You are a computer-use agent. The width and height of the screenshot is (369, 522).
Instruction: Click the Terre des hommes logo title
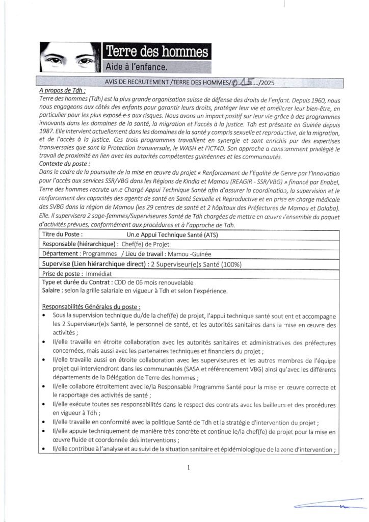coord(156,51)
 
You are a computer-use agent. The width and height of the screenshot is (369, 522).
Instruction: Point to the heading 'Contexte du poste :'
coord(65,164)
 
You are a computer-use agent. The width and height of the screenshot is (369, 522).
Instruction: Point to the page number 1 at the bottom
coord(188,467)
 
